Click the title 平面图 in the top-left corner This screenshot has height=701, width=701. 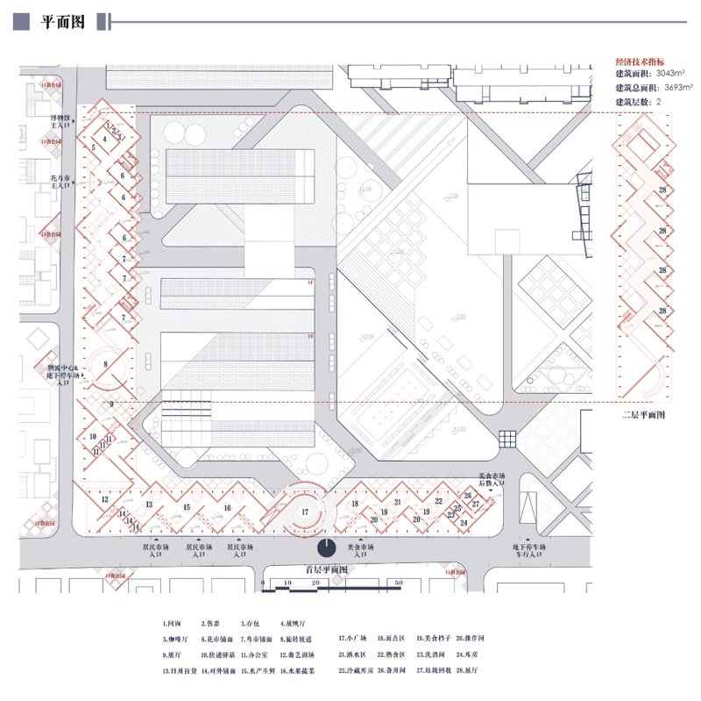click(61, 23)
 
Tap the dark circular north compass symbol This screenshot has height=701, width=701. click(326, 548)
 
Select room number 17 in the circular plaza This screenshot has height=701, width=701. click(304, 511)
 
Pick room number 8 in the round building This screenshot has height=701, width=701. click(106, 363)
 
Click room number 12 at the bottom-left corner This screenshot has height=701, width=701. click(104, 499)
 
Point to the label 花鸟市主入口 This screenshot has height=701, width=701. click(60, 182)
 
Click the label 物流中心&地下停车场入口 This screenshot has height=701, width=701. click(63, 376)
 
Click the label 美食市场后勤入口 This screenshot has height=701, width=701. click(492, 480)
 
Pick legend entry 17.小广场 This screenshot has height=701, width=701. click(351, 639)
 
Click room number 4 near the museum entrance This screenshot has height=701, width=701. click(105, 139)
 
